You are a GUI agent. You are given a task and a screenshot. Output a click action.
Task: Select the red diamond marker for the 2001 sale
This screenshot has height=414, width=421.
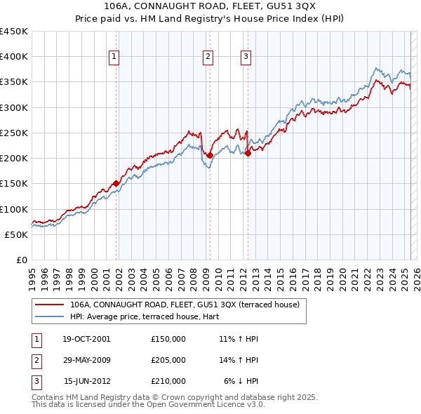click(x=116, y=183)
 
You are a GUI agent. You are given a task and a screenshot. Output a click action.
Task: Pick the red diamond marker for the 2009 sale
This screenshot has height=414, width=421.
click(x=210, y=155)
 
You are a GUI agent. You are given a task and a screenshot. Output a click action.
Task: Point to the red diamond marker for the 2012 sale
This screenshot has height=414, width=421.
click(x=248, y=153)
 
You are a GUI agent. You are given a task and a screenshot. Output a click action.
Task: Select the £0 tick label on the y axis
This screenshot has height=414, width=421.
click(x=21, y=260)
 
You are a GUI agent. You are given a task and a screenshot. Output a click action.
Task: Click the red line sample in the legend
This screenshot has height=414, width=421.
click(x=50, y=305)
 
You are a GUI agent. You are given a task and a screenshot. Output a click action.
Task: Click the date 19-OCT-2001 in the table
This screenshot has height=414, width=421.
click(x=86, y=339)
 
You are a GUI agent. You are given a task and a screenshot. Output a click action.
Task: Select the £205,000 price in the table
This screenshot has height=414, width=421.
click(x=168, y=360)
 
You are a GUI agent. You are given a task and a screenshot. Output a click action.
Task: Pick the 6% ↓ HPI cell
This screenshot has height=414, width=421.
click(x=241, y=381)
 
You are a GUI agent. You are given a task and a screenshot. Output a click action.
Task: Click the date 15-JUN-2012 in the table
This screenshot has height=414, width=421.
click(x=87, y=381)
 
